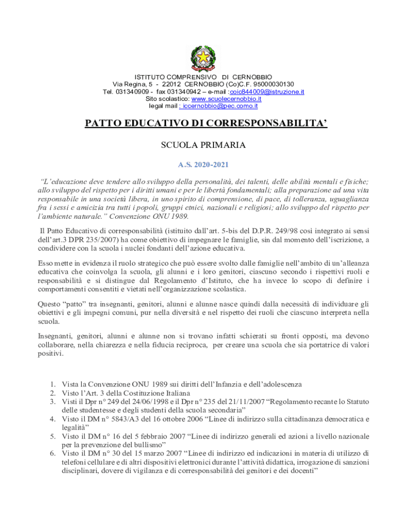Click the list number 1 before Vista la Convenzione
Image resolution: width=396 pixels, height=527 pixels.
(52, 384)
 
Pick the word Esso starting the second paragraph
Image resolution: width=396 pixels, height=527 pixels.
(45, 263)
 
